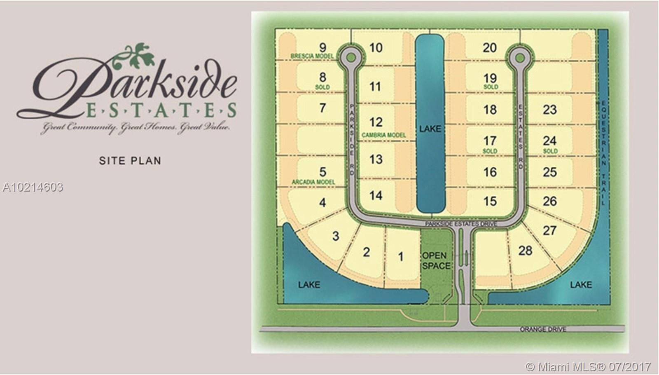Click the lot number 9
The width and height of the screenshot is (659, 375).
pos(322,47)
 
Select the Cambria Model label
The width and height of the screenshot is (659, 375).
pos(383,135)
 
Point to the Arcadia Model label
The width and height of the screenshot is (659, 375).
pos(313,182)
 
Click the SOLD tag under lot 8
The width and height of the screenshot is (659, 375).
pos(322,87)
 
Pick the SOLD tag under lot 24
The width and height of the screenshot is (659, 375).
pos(550,151)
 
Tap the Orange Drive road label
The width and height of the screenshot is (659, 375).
pos(543,329)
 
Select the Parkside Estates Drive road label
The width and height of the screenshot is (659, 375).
pos(461,224)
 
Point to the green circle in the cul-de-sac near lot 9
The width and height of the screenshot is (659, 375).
pos(350,57)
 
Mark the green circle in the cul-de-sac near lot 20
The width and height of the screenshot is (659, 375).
pos(520,57)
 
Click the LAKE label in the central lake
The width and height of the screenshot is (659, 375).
pos(430,129)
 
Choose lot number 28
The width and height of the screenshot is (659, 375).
pos(525,250)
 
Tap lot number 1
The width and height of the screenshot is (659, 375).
pos(401,257)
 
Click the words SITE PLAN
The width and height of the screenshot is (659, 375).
pos(130,161)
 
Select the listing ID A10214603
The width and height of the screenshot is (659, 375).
pos(33,187)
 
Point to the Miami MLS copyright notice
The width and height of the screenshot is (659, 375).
pos(589,366)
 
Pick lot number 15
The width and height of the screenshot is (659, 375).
pos(490,201)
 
